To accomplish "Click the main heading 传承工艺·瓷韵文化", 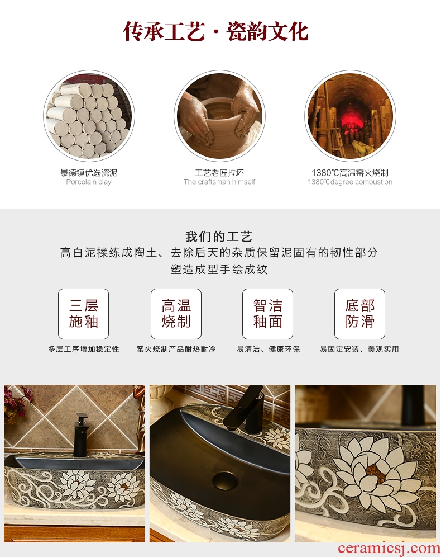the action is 215,31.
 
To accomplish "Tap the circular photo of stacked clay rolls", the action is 89,116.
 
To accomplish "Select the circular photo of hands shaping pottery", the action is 219,116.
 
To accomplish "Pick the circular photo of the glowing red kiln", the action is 350,116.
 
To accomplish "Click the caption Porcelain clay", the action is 89,182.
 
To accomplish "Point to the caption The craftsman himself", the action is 219,182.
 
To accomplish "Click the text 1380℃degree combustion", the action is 350,182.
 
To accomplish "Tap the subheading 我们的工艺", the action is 219,236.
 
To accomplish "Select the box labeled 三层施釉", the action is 83,314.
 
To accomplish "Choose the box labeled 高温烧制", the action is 176,314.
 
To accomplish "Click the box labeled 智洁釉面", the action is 267,314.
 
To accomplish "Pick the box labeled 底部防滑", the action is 360,314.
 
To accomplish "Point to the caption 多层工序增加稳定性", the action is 84,349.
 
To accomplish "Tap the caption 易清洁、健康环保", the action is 269,349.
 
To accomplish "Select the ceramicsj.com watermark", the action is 389,548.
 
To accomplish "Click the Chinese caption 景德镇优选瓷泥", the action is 89,173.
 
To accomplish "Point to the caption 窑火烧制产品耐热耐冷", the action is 176,349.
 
